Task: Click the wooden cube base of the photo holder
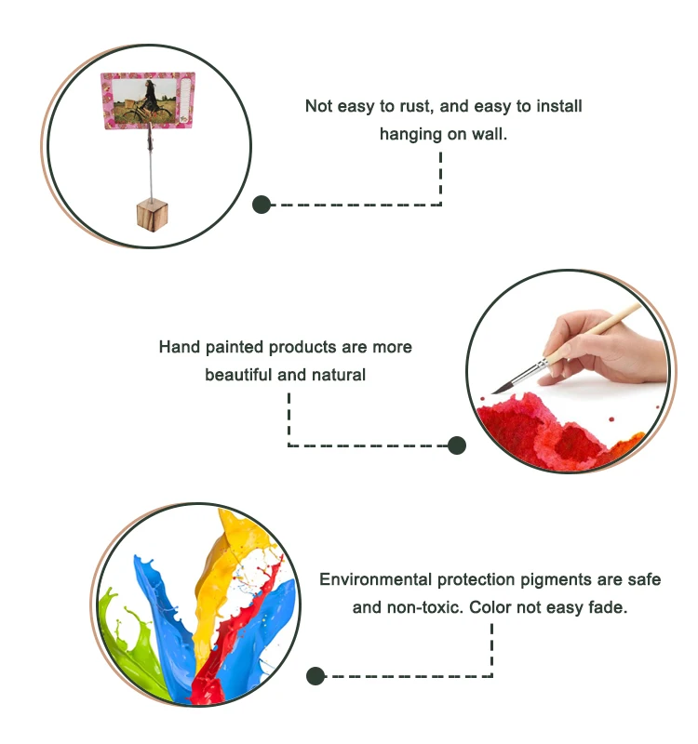point(148,213)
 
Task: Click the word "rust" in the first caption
point(406,106)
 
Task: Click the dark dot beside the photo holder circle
point(262,205)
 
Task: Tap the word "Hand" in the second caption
point(180,347)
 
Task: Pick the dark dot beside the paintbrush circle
point(456,445)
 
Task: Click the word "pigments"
point(540,579)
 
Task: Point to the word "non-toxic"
point(428,607)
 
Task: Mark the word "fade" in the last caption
point(610,607)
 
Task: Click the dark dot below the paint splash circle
point(315,676)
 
